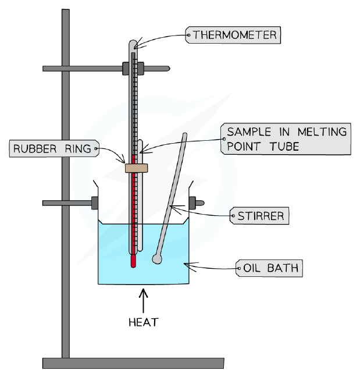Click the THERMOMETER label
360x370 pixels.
[x=233, y=35]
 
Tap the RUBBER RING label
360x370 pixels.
[x=54, y=148]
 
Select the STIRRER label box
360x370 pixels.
[x=259, y=216]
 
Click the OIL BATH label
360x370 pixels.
[x=269, y=268]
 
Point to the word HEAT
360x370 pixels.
[x=144, y=322]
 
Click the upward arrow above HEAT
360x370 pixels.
[x=143, y=301]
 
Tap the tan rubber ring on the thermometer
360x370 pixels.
[x=136, y=168]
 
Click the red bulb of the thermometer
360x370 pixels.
[x=133, y=261]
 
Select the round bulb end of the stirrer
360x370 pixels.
[x=157, y=259]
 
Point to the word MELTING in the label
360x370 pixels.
[x=322, y=131]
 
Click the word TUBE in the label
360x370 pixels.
[x=284, y=146]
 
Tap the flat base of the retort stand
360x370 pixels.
[x=133, y=363]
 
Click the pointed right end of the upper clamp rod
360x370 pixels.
[x=169, y=69]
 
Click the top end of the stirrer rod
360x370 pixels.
[x=185, y=134]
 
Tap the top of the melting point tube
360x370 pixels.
[x=140, y=141]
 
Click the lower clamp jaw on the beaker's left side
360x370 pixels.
[x=95, y=203]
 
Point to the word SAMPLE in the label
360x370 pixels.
[x=249, y=131]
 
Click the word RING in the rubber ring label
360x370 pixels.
[x=78, y=149]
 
